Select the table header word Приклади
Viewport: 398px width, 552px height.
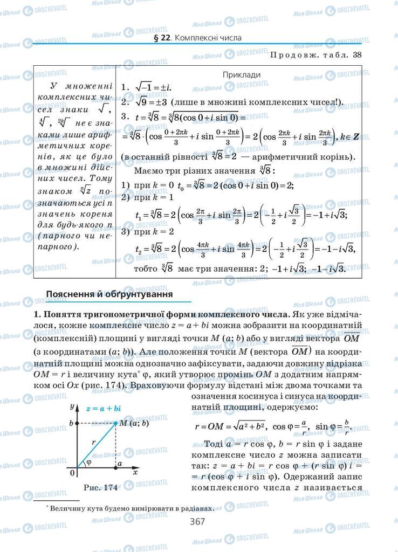242,75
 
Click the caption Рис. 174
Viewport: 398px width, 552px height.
101,487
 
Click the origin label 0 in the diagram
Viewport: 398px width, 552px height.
72,473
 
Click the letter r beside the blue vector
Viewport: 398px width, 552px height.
93,441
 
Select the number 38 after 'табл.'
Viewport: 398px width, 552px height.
357,54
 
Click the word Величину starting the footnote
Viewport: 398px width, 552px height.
68,507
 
